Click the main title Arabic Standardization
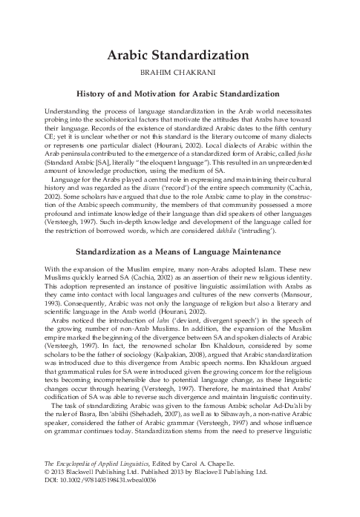179,56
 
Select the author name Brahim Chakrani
179,74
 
